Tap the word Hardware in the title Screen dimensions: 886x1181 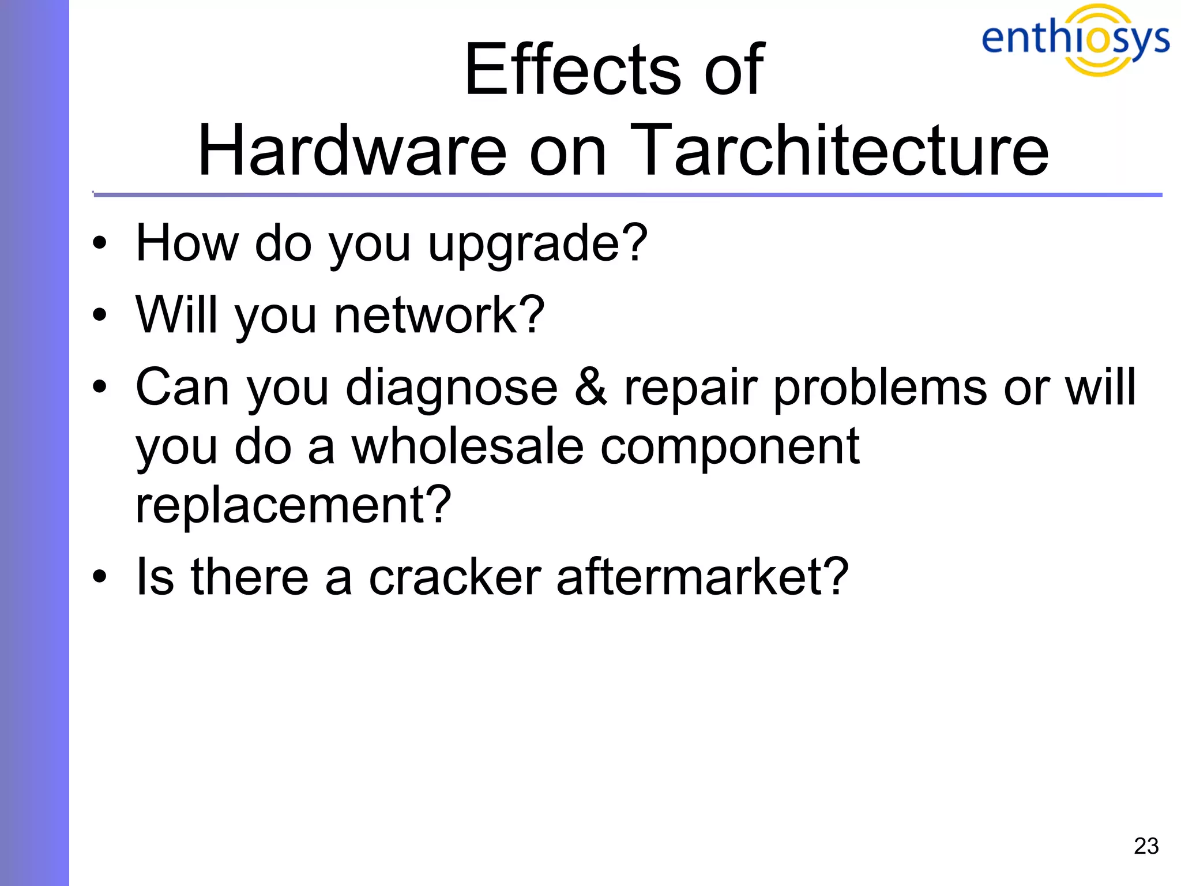(x=352, y=151)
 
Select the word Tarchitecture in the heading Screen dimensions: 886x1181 (x=839, y=151)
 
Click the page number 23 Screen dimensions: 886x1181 (x=1146, y=846)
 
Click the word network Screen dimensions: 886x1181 (x=438, y=315)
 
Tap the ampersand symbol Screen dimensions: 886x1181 (x=590, y=387)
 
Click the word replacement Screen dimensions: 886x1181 (x=293, y=506)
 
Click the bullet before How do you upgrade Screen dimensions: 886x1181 (x=100, y=243)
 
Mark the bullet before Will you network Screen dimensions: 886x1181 (x=100, y=315)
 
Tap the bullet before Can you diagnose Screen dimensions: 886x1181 (x=100, y=386)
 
